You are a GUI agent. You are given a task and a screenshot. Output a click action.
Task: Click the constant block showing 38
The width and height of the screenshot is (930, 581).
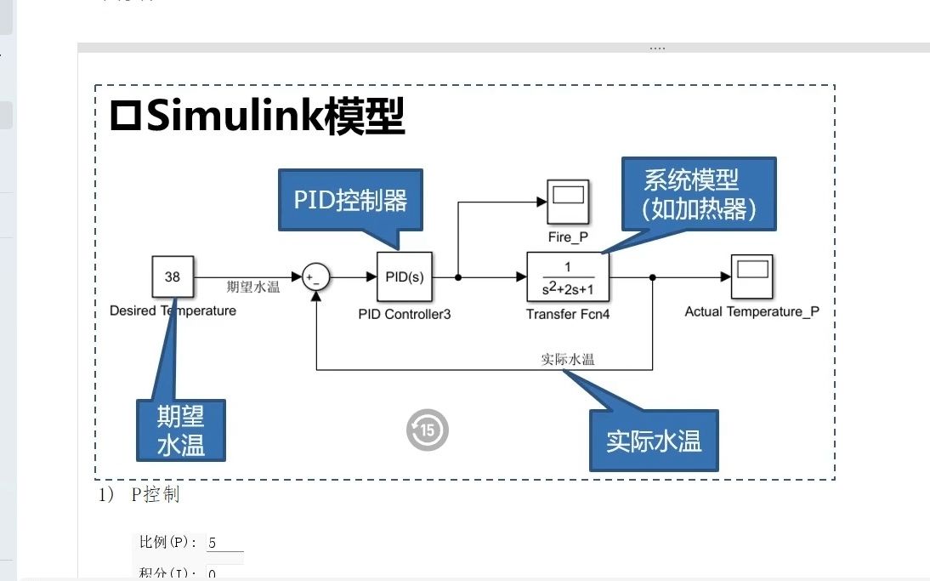(x=173, y=276)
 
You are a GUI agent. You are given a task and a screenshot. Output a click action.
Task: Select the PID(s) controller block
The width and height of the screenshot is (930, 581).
(x=405, y=276)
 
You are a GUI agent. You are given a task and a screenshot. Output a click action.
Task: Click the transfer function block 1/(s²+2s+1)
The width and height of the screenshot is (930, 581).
(x=568, y=276)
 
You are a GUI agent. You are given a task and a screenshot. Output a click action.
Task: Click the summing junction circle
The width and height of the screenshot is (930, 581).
(x=316, y=276)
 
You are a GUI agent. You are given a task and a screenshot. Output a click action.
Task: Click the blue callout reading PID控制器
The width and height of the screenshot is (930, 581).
(x=350, y=200)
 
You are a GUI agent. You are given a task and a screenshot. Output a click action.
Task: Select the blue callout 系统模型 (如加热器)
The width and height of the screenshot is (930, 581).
(x=699, y=193)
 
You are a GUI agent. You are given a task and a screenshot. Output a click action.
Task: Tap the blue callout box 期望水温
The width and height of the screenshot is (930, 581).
(x=181, y=430)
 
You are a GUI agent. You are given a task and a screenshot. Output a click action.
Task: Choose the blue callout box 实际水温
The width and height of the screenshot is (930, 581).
(x=654, y=441)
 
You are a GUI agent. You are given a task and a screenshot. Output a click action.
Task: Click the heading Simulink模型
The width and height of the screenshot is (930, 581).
(x=258, y=117)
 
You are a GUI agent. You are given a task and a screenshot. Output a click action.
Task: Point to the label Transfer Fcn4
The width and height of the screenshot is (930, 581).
(x=568, y=314)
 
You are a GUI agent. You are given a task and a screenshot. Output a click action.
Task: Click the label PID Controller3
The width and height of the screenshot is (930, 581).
(x=405, y=314)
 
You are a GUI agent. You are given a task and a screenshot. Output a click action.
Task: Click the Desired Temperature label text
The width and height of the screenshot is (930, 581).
(x=173, y=310)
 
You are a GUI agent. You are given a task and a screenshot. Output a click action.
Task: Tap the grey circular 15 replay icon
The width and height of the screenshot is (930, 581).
(x=428, y=430)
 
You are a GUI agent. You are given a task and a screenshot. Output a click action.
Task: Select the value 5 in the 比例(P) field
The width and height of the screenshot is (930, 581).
(x=213, y=543)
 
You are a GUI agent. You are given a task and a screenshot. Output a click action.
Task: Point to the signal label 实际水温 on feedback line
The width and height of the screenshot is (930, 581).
(x=568, y=359)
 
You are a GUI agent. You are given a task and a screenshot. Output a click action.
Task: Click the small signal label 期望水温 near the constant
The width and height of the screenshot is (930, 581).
(x=253, y=287)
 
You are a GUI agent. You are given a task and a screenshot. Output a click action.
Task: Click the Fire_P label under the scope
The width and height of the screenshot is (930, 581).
(x=569, y=236)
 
